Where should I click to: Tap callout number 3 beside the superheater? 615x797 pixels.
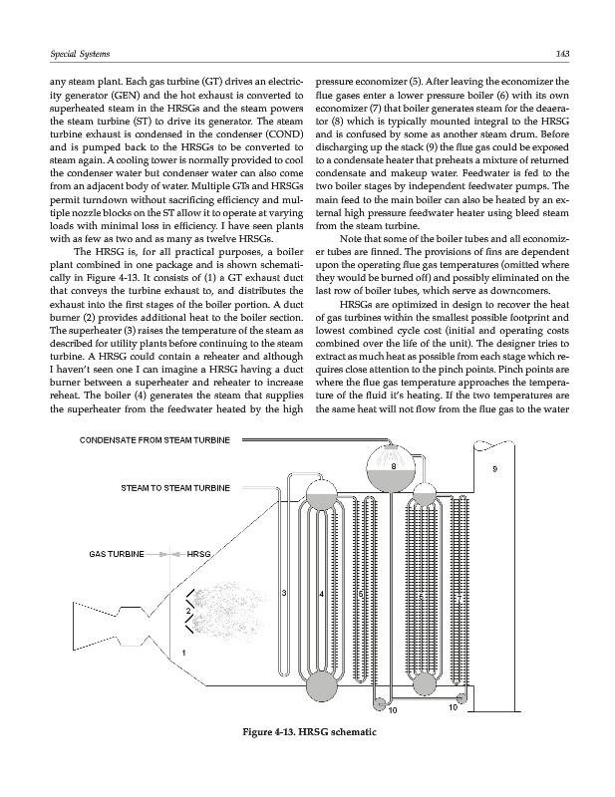pyautogui.click(x=285, y=595)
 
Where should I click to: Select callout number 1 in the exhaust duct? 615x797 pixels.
pyautogui.click(x=182, y=653)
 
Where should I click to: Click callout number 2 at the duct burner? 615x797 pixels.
pyautogui.click(x=186, y=610)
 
